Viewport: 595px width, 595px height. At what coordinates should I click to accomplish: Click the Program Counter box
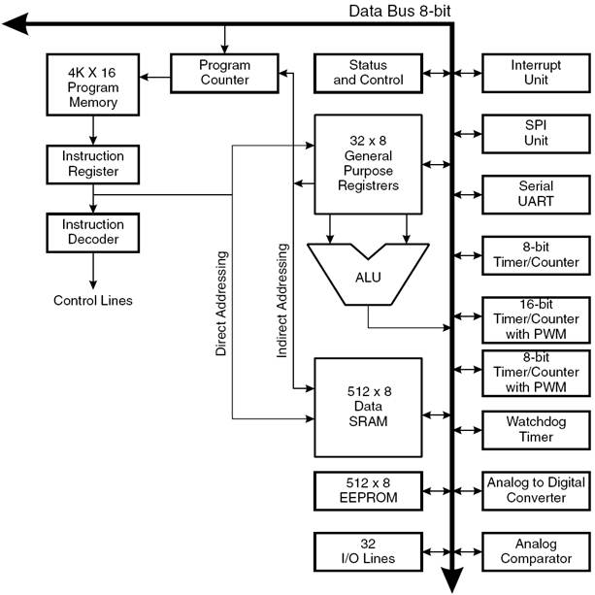[x=225, y=73]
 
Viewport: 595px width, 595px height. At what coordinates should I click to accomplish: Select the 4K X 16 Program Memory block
[x=93, y=86]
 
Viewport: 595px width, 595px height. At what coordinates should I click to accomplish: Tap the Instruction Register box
[x=93, y=163]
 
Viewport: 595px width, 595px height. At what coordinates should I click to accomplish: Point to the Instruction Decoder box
[x=93, y=231]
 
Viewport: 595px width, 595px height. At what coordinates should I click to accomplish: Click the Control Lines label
[x=93, y=300]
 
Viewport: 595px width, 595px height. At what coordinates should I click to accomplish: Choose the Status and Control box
[x=368, y=73]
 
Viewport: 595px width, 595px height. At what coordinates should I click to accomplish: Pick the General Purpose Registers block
[x=368, y=163]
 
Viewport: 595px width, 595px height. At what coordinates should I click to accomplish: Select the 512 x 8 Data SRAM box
[x=368, y=407]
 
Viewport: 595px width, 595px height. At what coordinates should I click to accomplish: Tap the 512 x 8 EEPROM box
[x=368, y=490]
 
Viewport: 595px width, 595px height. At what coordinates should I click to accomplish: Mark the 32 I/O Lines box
[x=368, y=550]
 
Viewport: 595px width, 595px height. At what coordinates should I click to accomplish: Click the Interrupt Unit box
[x=536, y=73]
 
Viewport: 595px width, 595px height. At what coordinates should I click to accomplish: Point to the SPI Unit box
[x=536, y=133]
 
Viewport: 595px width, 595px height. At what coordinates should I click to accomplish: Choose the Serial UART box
[x=536, y=193]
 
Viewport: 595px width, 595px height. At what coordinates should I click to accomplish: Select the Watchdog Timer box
[x=536, y=430]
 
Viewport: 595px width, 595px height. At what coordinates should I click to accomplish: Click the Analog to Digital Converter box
[x=536, y=490]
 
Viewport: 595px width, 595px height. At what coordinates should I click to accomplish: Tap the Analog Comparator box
[x=536, y=550]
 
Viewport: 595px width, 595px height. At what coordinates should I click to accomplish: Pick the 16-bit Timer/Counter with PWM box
[x=536, y=319]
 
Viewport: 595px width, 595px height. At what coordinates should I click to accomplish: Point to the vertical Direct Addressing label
[x=221, y=303]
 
